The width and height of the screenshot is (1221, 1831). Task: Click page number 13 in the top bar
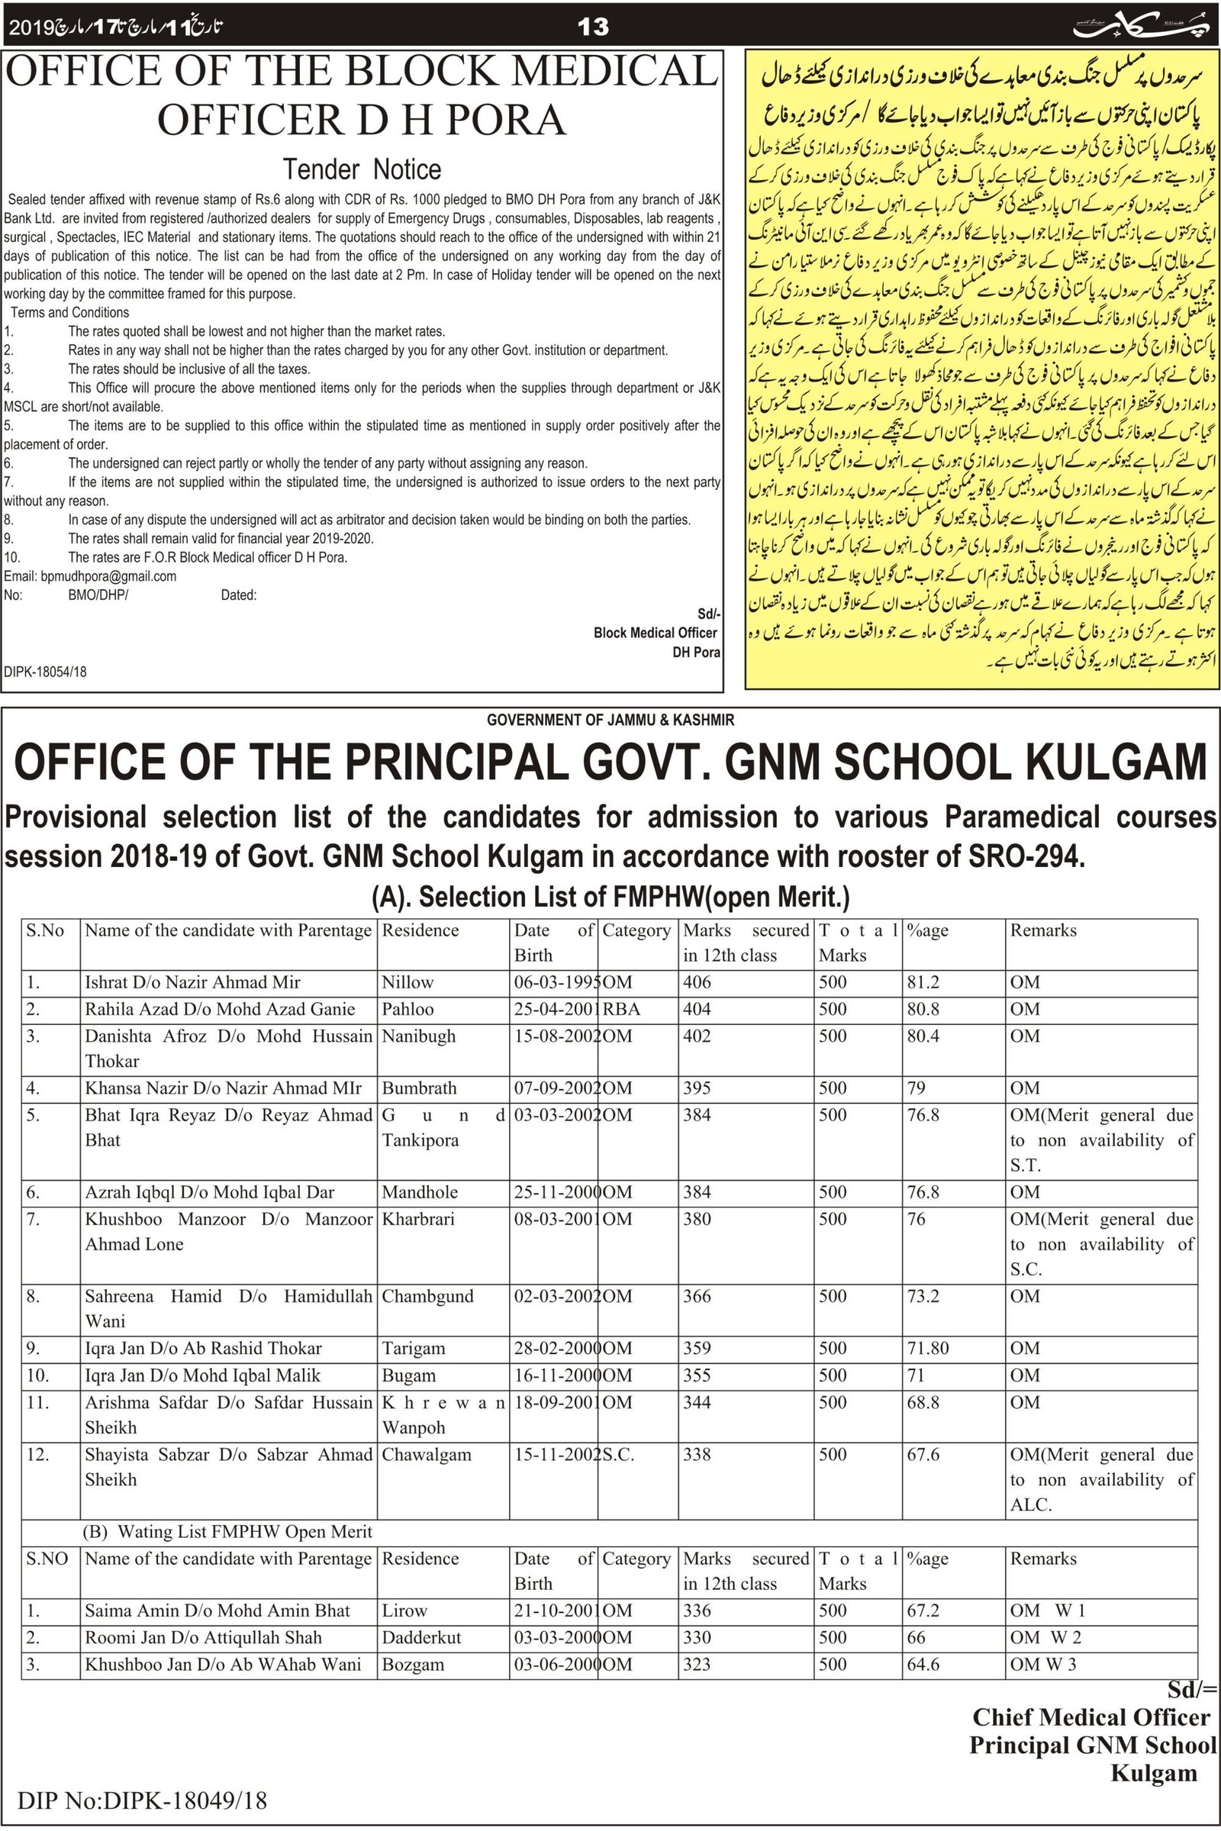click(x=593, y=27)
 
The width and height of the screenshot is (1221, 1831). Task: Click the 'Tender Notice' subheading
click(x=361, y=169)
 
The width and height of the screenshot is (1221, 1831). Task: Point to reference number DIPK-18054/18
click(x=45, y=672)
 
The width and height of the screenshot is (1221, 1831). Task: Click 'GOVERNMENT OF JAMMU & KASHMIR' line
click(x=610, y=720)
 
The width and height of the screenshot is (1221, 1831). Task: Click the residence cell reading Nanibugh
click(x=418, y=1036)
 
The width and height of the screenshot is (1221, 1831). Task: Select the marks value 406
click(x=697, y=982)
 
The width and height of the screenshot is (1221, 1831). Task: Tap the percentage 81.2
click(x=923, y=982)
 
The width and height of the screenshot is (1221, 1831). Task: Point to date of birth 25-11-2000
click(x=556, y=1191)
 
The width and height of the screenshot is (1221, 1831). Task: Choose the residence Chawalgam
click(x=426, y=1454)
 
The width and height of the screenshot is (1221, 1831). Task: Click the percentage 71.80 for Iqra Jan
click(x=927, y=1348)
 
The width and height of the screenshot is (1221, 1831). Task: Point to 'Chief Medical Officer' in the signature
click(x=1091, y=1717)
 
